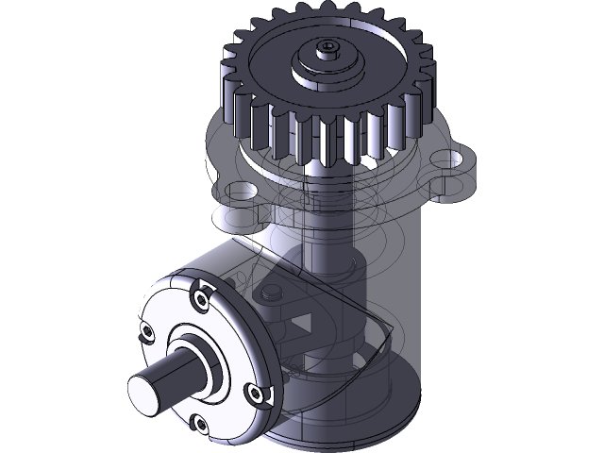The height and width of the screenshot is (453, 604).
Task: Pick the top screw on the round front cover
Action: click(202, 300)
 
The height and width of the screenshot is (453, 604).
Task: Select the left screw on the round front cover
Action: click(147, 332)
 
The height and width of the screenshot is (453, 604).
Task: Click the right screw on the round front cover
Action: click(252, 392)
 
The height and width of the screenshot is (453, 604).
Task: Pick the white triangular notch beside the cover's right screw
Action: click(267, 397)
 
